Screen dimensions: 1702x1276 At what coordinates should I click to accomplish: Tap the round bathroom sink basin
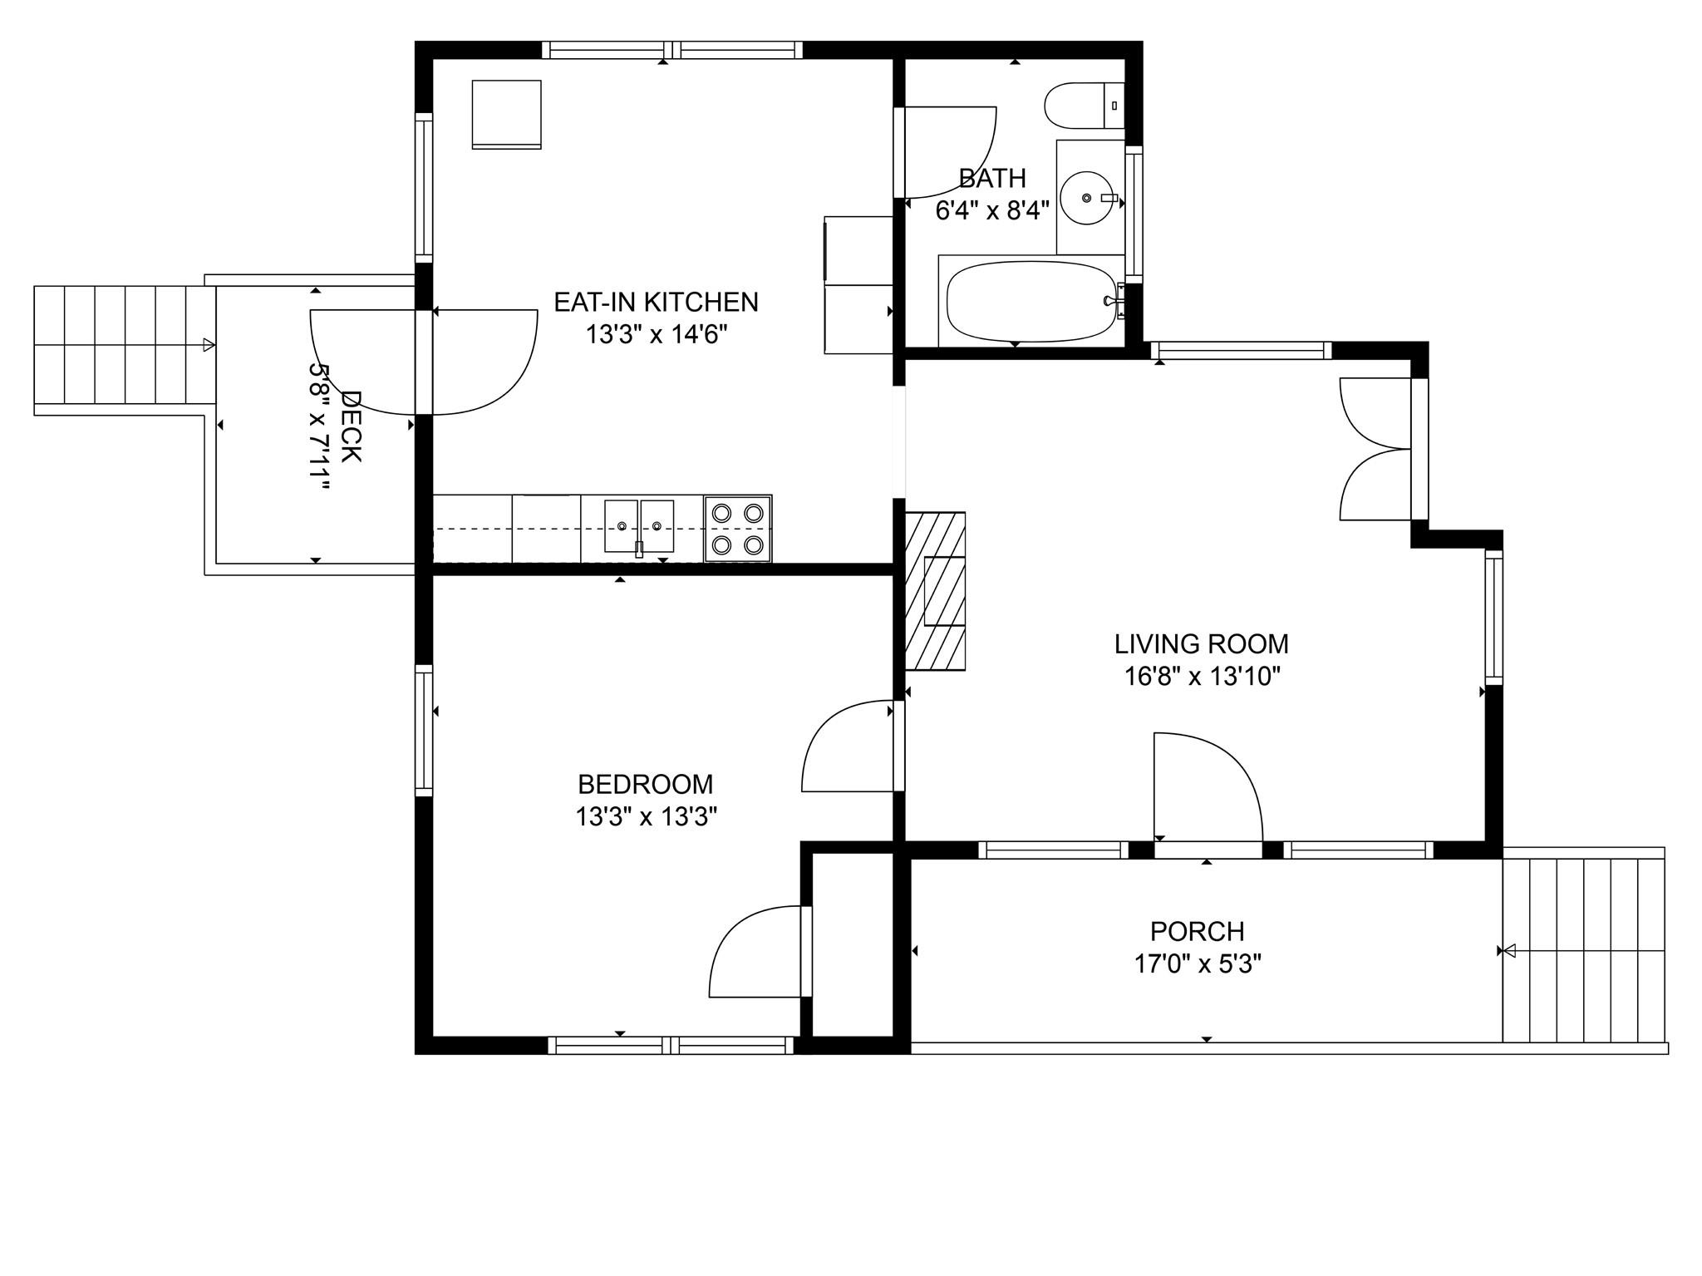[1087, 198]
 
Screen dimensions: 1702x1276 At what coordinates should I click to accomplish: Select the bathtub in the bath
[1031, 301]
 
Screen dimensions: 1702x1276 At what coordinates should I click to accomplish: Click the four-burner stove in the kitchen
[738, 529]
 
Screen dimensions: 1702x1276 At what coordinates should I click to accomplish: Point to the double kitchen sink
[638, 526]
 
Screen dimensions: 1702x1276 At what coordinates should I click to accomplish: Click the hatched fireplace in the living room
[935, 591]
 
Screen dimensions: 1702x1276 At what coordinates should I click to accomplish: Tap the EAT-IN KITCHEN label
[657, 302]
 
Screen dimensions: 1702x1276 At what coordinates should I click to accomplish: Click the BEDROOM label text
[646, 784]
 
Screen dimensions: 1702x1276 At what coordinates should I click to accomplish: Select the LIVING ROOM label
[1202, 643]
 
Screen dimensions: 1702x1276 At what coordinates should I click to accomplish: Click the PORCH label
[1198, 930]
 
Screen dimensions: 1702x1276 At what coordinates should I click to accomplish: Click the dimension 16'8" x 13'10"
[1203, 677]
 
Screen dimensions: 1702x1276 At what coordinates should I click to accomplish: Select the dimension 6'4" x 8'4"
[992, 210]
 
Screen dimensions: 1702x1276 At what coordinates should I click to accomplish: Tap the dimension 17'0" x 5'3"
[1198, 963]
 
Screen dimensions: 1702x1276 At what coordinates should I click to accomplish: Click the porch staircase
[1584, 950]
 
